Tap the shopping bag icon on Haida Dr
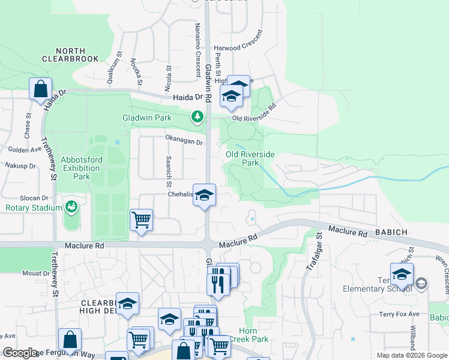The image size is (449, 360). tap(40, 89)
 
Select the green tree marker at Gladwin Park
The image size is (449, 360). tap(196, 116)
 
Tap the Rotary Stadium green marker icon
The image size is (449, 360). tap(71, 207)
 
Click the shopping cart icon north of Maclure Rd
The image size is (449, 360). tap(141, 220)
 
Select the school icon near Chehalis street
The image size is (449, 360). tap(204, 196)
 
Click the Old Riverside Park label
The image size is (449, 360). tap(250, 158)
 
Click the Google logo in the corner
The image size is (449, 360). tap(20, 353)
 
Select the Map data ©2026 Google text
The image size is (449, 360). tap(411, 355)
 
